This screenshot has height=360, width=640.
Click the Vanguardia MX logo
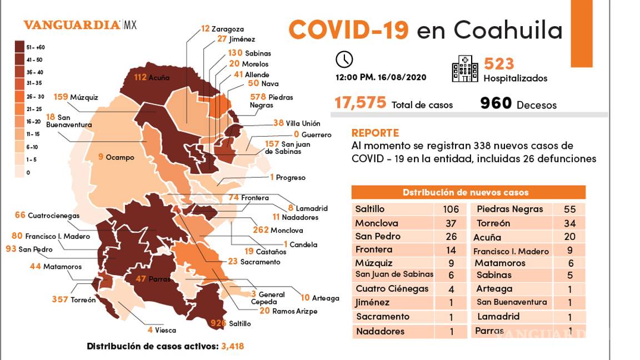click(79, 25)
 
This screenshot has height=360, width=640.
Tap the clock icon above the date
click(344, 59)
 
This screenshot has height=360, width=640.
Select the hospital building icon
click(464, 69)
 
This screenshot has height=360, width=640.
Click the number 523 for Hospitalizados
click(499, 64)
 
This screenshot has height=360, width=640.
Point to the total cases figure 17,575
click(360, 103)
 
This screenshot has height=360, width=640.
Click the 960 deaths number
click(496, 103)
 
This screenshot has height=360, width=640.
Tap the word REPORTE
click(375, 133)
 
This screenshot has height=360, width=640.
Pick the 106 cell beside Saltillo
click(451, 209)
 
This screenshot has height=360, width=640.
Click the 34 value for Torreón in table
click(569, 223)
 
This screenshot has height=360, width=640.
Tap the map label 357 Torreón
click(74, 299)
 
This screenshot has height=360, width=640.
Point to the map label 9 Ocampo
click(116, 157)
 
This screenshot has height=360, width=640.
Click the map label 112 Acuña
click(152, 77)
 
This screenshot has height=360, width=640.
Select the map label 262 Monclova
click(277, 230)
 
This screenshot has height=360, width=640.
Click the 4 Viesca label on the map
click(162, 330)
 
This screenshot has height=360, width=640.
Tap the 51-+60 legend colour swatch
click(19, 47)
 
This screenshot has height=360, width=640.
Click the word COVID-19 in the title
click(349, 29)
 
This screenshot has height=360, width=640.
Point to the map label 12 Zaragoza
click(222, 29)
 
